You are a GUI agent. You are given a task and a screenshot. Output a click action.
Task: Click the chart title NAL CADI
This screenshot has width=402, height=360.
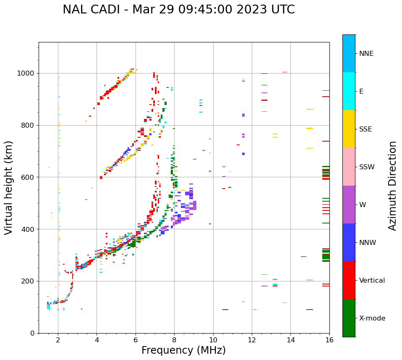coord(178,10)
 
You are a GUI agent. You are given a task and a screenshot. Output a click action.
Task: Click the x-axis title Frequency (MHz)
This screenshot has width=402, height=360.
coord(183,350)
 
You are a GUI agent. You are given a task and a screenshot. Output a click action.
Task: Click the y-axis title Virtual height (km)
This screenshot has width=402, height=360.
coord(9,187)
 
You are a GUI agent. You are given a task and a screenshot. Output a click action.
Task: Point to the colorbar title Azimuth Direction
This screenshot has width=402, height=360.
coord(392,186)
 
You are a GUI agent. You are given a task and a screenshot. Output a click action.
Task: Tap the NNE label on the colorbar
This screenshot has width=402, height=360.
coord(366,54)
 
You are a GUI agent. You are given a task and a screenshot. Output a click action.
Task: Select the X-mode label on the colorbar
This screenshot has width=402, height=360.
coord(372,318)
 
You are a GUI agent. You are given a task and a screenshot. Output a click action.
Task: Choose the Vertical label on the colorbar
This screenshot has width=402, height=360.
coord(372,281)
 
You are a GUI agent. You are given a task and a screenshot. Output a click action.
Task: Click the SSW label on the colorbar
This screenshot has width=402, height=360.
coord(367,167)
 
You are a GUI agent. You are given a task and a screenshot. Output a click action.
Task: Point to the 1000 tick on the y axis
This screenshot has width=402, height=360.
coord(27,73)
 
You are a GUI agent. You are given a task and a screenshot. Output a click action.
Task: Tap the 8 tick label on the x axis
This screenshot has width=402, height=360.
coord(174,340)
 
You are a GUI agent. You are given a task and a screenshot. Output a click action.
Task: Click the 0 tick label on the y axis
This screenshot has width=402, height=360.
coord(33,333)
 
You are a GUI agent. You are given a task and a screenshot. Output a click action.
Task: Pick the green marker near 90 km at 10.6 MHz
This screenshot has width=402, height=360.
coord(225,310)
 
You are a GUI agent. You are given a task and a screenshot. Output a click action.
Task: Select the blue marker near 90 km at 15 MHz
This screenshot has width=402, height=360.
coord(310,310)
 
